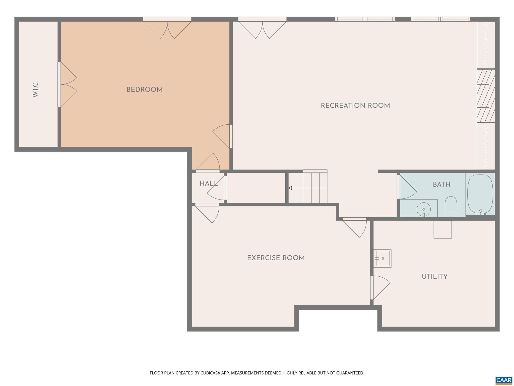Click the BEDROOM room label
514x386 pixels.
144,90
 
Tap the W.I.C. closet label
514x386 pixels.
35,89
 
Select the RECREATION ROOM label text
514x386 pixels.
355,106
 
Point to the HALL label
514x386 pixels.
209,184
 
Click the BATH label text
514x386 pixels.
441,185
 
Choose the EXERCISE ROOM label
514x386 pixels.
276,258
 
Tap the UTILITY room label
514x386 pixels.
434,277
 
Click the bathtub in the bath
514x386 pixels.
480,194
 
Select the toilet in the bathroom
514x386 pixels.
451,206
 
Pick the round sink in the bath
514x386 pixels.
424,209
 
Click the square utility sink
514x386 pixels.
382,258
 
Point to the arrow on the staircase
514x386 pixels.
290,188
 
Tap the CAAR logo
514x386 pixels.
504,380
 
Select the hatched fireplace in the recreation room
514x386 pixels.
485,96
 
